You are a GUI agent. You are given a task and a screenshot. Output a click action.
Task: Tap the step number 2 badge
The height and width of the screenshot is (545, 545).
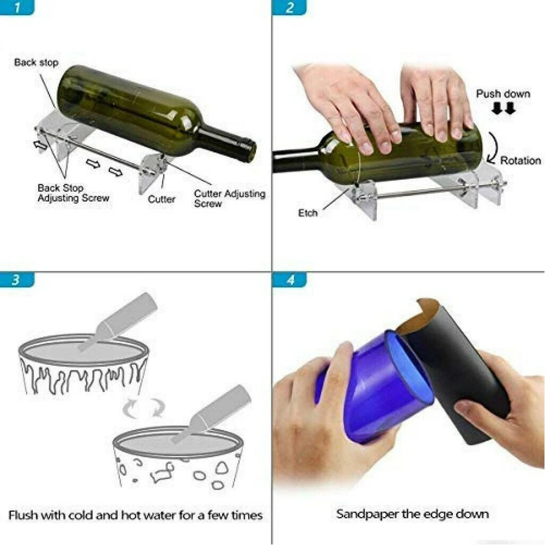289,8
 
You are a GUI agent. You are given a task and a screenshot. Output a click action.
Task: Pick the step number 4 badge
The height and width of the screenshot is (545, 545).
289,280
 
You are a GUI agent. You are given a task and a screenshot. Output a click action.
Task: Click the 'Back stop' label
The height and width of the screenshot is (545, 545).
36,63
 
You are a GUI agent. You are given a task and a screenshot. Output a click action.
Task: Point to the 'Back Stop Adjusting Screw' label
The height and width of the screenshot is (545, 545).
73,193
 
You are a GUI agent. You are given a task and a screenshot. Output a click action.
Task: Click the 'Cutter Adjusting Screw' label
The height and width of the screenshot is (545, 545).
229,198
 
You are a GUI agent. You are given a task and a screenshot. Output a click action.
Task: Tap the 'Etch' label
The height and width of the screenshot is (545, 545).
307,213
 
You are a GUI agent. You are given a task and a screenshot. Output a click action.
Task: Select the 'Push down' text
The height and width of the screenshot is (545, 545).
502,94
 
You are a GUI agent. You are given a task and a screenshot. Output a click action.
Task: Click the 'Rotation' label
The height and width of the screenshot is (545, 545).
520,161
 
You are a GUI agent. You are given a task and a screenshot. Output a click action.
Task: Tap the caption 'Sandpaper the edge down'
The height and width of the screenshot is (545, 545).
412,513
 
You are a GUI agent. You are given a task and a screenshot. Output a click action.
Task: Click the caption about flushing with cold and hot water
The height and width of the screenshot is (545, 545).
135,515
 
